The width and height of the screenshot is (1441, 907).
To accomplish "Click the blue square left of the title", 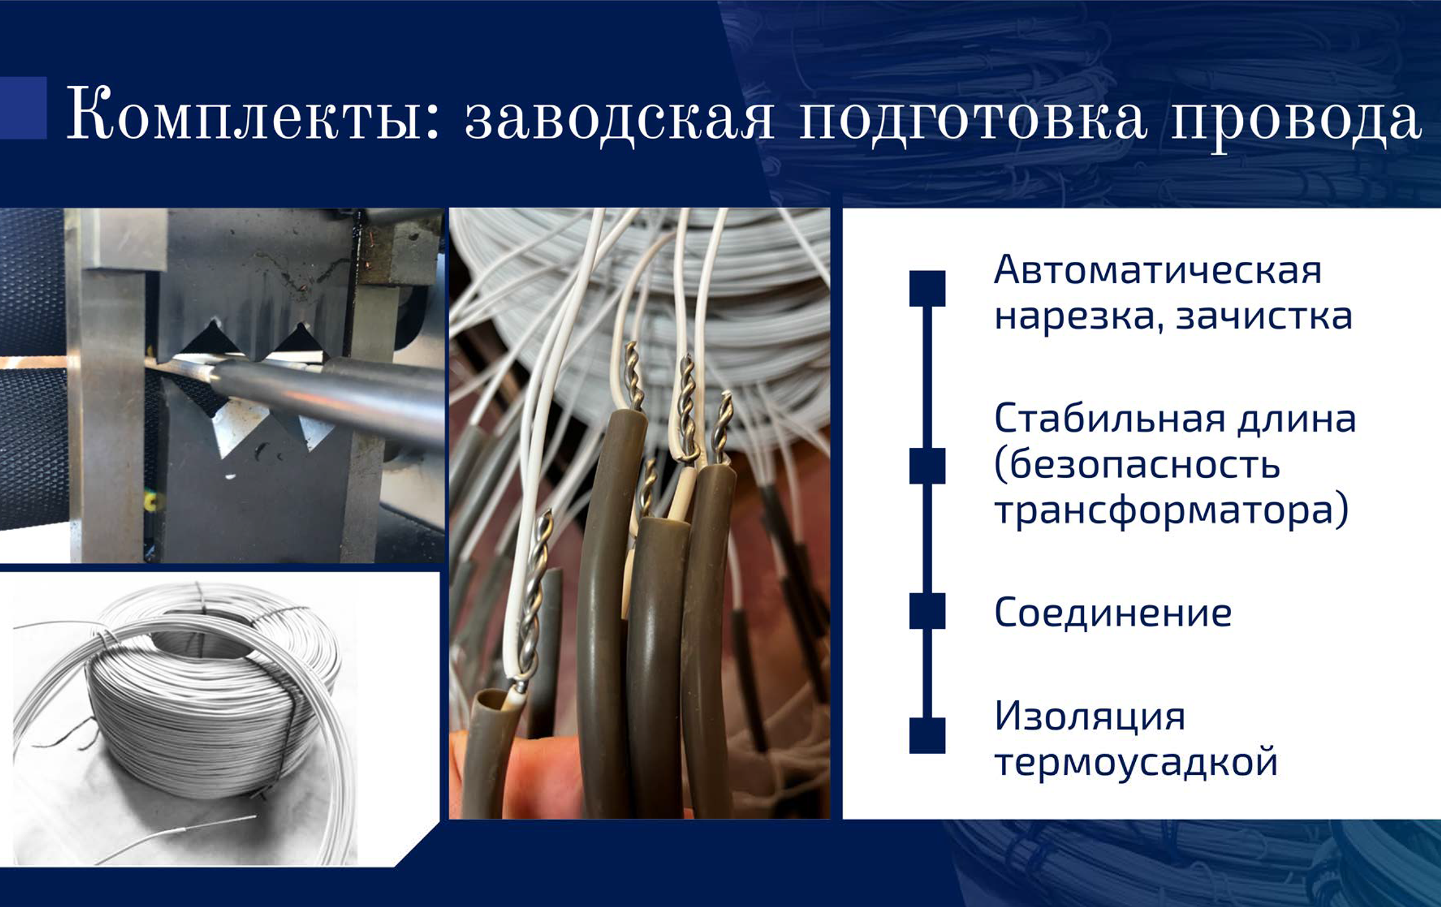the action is (x=23, y=108).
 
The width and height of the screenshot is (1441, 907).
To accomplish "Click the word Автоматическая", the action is (x=1158, y=270).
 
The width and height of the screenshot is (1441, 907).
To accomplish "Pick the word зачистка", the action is (x=1264, y=316).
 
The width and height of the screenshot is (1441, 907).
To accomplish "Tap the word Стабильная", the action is (x=1109, y=418).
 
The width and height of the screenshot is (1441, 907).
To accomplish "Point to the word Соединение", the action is (x=1113, y=612).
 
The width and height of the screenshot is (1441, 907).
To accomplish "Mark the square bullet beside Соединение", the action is (x=927, y=611).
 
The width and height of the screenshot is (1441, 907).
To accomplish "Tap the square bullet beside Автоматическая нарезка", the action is (x=927, y=289).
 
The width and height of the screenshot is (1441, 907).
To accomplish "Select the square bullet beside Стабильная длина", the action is (x=927, y=466).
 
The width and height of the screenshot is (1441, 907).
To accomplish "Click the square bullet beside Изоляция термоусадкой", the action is (x=927, y=735).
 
